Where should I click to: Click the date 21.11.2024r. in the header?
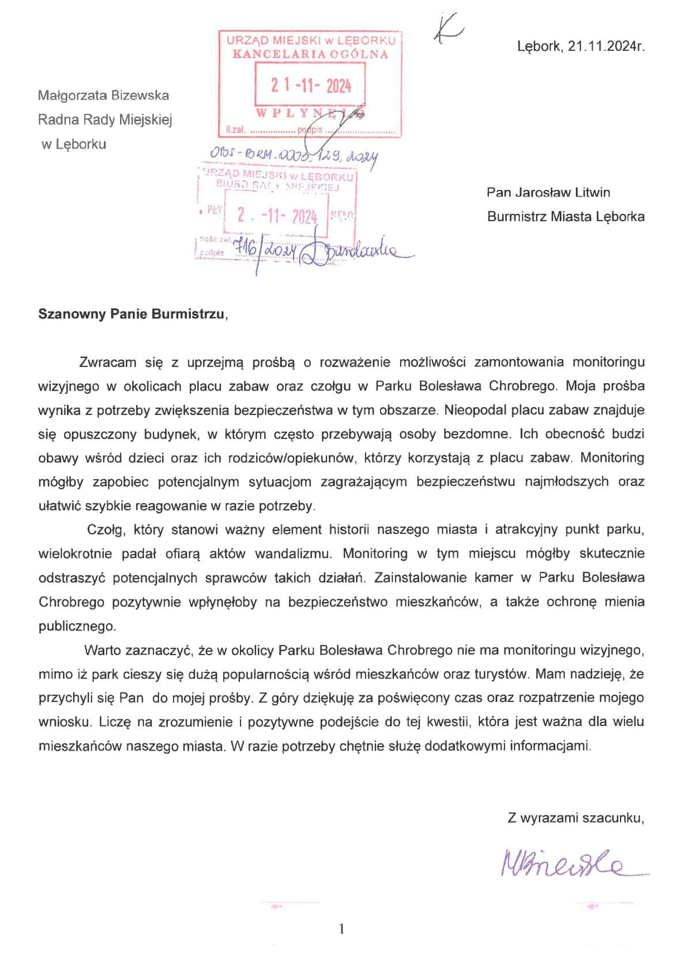point(605,46)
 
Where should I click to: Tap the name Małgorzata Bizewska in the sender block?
point(103,95)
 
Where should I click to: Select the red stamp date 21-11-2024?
point(311,86)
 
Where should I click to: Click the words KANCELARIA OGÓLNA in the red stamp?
point(310,54)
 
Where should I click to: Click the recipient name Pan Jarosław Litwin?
point(548,192)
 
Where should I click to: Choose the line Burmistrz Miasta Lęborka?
point(566,216)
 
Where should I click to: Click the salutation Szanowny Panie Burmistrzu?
point(131,314)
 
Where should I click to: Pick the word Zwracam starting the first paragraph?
point(108,363)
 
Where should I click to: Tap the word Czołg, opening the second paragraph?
point(104,529)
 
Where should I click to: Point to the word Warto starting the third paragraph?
point(102,651)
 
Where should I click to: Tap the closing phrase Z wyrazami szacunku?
point(575,817)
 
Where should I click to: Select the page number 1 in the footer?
point(342,929)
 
